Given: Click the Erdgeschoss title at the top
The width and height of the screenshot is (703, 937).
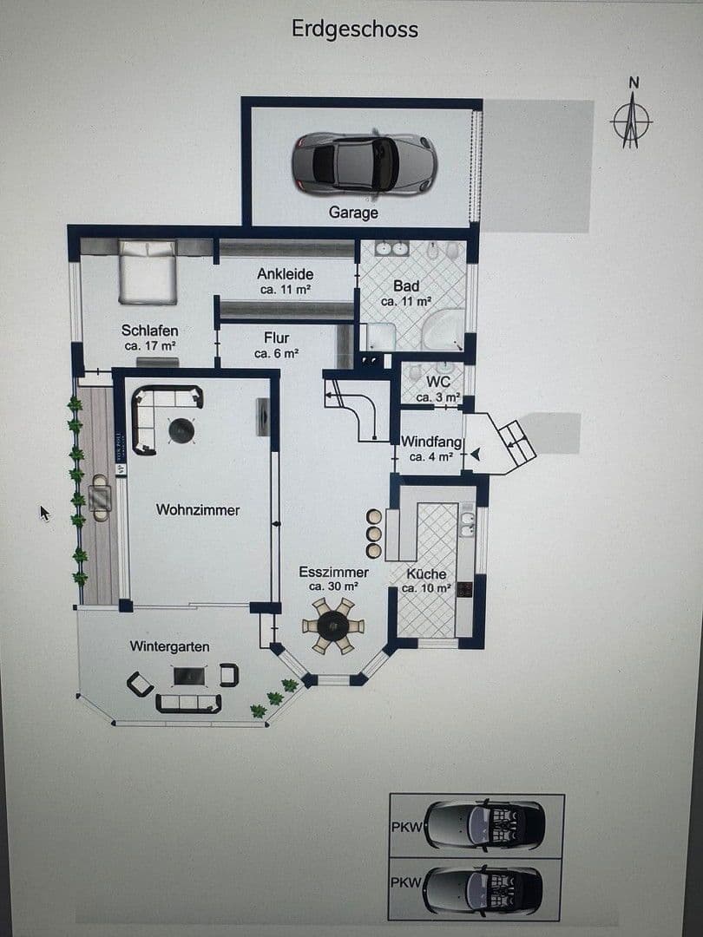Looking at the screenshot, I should click(x=354, y=29).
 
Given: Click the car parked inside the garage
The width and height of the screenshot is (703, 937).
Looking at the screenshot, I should click(x=364, y=163).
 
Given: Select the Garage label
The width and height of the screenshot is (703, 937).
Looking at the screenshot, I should click(x=353, y=213).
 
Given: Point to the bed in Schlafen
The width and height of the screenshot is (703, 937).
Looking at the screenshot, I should click(x=148, y=272).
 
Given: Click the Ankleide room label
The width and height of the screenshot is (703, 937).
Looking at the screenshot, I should click(x=286, y=281).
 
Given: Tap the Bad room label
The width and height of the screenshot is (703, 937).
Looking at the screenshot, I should click(x=406, y=293).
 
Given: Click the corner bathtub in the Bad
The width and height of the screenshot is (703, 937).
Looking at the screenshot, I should click(x=444, y=329).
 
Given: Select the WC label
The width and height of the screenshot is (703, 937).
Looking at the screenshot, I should click(x=437, y=386).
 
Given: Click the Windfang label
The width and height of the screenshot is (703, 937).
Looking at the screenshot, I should click(x=431, y=449).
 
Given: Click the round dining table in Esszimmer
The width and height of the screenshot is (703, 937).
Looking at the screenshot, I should click(x=333, y=625).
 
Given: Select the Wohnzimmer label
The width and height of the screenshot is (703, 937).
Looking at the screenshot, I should click(x=198, y=510).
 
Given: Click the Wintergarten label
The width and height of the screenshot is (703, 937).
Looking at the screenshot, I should click(x=169, y=646).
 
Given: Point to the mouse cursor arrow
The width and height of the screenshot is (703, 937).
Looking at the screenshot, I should click(x=44, y=513).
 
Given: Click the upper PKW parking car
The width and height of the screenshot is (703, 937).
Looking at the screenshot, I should click(x=486, y=824).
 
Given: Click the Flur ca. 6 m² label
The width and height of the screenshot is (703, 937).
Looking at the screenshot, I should click(x=277, y=344).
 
